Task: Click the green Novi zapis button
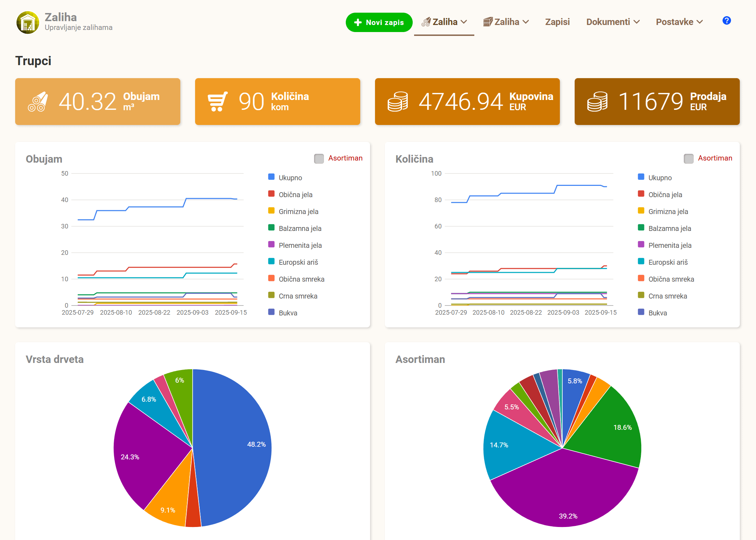pos(379,22)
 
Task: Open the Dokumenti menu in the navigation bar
pos(613,22)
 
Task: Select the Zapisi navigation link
pos(557,22)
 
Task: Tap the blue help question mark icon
pos(726,21)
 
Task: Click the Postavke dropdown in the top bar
pos(679,22)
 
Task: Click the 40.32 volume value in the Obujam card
pos(87,101)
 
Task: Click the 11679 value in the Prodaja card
pos(651,101)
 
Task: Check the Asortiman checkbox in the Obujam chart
pos(319,158)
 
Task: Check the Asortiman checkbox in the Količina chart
pos(689,158)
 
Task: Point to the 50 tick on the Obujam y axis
pos(65,173)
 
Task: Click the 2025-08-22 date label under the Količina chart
pos(526,312)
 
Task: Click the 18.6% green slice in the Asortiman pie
pos(609,429)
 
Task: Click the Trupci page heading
pos(33,61)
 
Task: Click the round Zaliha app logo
pos(28,22)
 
